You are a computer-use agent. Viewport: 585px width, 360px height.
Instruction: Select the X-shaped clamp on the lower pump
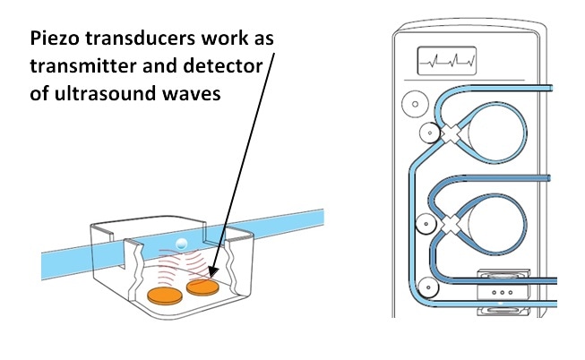click(x=453, y=221)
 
